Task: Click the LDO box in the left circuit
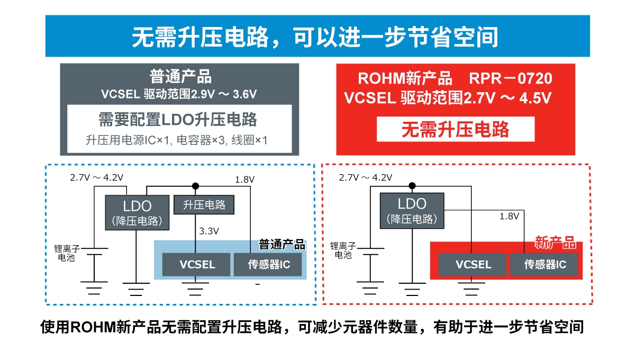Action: click(137, 212)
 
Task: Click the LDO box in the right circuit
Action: click(412, 210)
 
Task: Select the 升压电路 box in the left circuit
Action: click(204, 204)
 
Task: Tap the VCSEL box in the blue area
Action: click(197, 265)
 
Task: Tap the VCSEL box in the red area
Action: click(473, 265)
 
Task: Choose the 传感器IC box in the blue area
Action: click(268, 265)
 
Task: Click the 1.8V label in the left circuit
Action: click(245, 180)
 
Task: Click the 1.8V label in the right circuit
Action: click(510, 216)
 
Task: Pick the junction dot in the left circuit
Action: click(195, 186)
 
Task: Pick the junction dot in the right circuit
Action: click(412, 185)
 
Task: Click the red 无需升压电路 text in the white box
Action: click(455, 129)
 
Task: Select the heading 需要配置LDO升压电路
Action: click(178, 120)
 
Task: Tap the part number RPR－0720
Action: click(510, 79)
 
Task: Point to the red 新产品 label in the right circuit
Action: click(555, 243)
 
